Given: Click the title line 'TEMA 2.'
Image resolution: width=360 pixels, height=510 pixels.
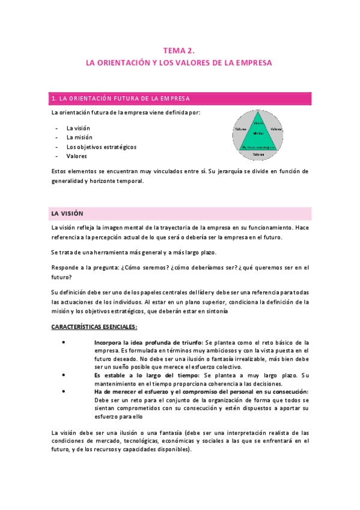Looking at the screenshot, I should [180, 51].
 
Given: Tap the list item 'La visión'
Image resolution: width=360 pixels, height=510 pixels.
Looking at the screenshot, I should [78, 128].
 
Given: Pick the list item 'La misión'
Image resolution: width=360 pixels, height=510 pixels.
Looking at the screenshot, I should [79, 137].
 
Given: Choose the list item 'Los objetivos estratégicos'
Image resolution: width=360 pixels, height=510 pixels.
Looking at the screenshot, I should [101, 147].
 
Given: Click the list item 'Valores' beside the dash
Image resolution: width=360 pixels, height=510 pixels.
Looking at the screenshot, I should [77, 156].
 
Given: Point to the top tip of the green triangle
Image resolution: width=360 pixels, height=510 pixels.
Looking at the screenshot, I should [258, 112].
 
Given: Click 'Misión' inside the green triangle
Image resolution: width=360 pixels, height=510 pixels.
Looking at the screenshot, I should [258, 132].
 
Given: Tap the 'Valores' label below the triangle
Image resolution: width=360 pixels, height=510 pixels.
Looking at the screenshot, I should [258, 155].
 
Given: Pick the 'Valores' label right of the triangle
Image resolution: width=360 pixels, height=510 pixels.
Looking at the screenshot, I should [276, 129].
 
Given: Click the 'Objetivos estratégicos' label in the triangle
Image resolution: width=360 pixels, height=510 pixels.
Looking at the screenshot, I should [258, 146].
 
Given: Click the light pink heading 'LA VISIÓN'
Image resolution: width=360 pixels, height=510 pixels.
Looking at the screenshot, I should [68, 214].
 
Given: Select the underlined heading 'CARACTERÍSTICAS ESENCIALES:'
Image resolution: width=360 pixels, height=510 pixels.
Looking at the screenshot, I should [94, 327].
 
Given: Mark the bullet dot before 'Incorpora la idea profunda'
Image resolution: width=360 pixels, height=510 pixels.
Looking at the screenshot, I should [64, 342].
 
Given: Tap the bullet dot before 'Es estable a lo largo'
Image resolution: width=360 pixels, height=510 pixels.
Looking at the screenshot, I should [64, 375].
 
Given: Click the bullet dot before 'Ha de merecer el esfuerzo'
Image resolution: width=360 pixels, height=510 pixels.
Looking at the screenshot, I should [64, 392].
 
